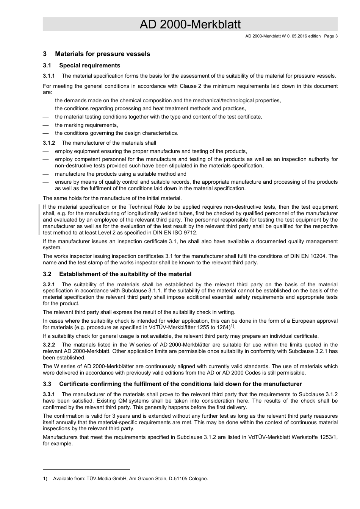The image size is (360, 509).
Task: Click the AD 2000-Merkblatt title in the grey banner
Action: [x=190, y=24]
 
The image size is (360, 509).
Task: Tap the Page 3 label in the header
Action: [x=331, y=36]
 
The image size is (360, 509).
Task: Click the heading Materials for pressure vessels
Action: [x=102, y=54]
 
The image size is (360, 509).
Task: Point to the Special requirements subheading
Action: [x=89, y=66]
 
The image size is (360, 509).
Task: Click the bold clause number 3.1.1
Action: [x=49, y=76]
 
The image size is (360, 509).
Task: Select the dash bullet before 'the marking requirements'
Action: [x=46, y=125]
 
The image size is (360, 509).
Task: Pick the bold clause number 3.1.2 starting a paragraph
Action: [x=49, y=143]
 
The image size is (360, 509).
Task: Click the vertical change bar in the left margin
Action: [x=40, y=220]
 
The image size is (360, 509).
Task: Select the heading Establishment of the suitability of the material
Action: [x=125, y=274]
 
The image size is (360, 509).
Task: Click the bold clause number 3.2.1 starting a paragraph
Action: [x=49, y=284]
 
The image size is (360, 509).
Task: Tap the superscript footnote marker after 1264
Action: [x=232, y=326]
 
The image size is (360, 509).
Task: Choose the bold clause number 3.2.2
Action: [x=49, y=345]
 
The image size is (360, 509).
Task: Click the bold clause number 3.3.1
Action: [x=49, y=394]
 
